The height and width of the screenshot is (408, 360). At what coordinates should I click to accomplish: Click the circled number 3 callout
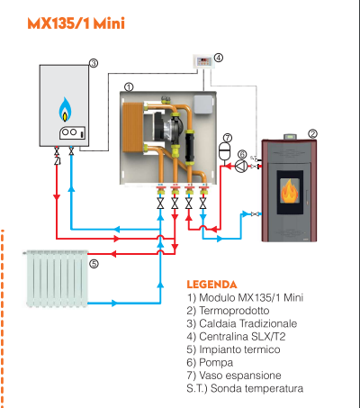[x=93, y=63]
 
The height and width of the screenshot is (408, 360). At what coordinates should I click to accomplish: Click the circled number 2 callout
[x=312, y=133]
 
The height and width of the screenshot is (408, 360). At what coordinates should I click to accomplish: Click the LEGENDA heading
[x=211, y=283]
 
